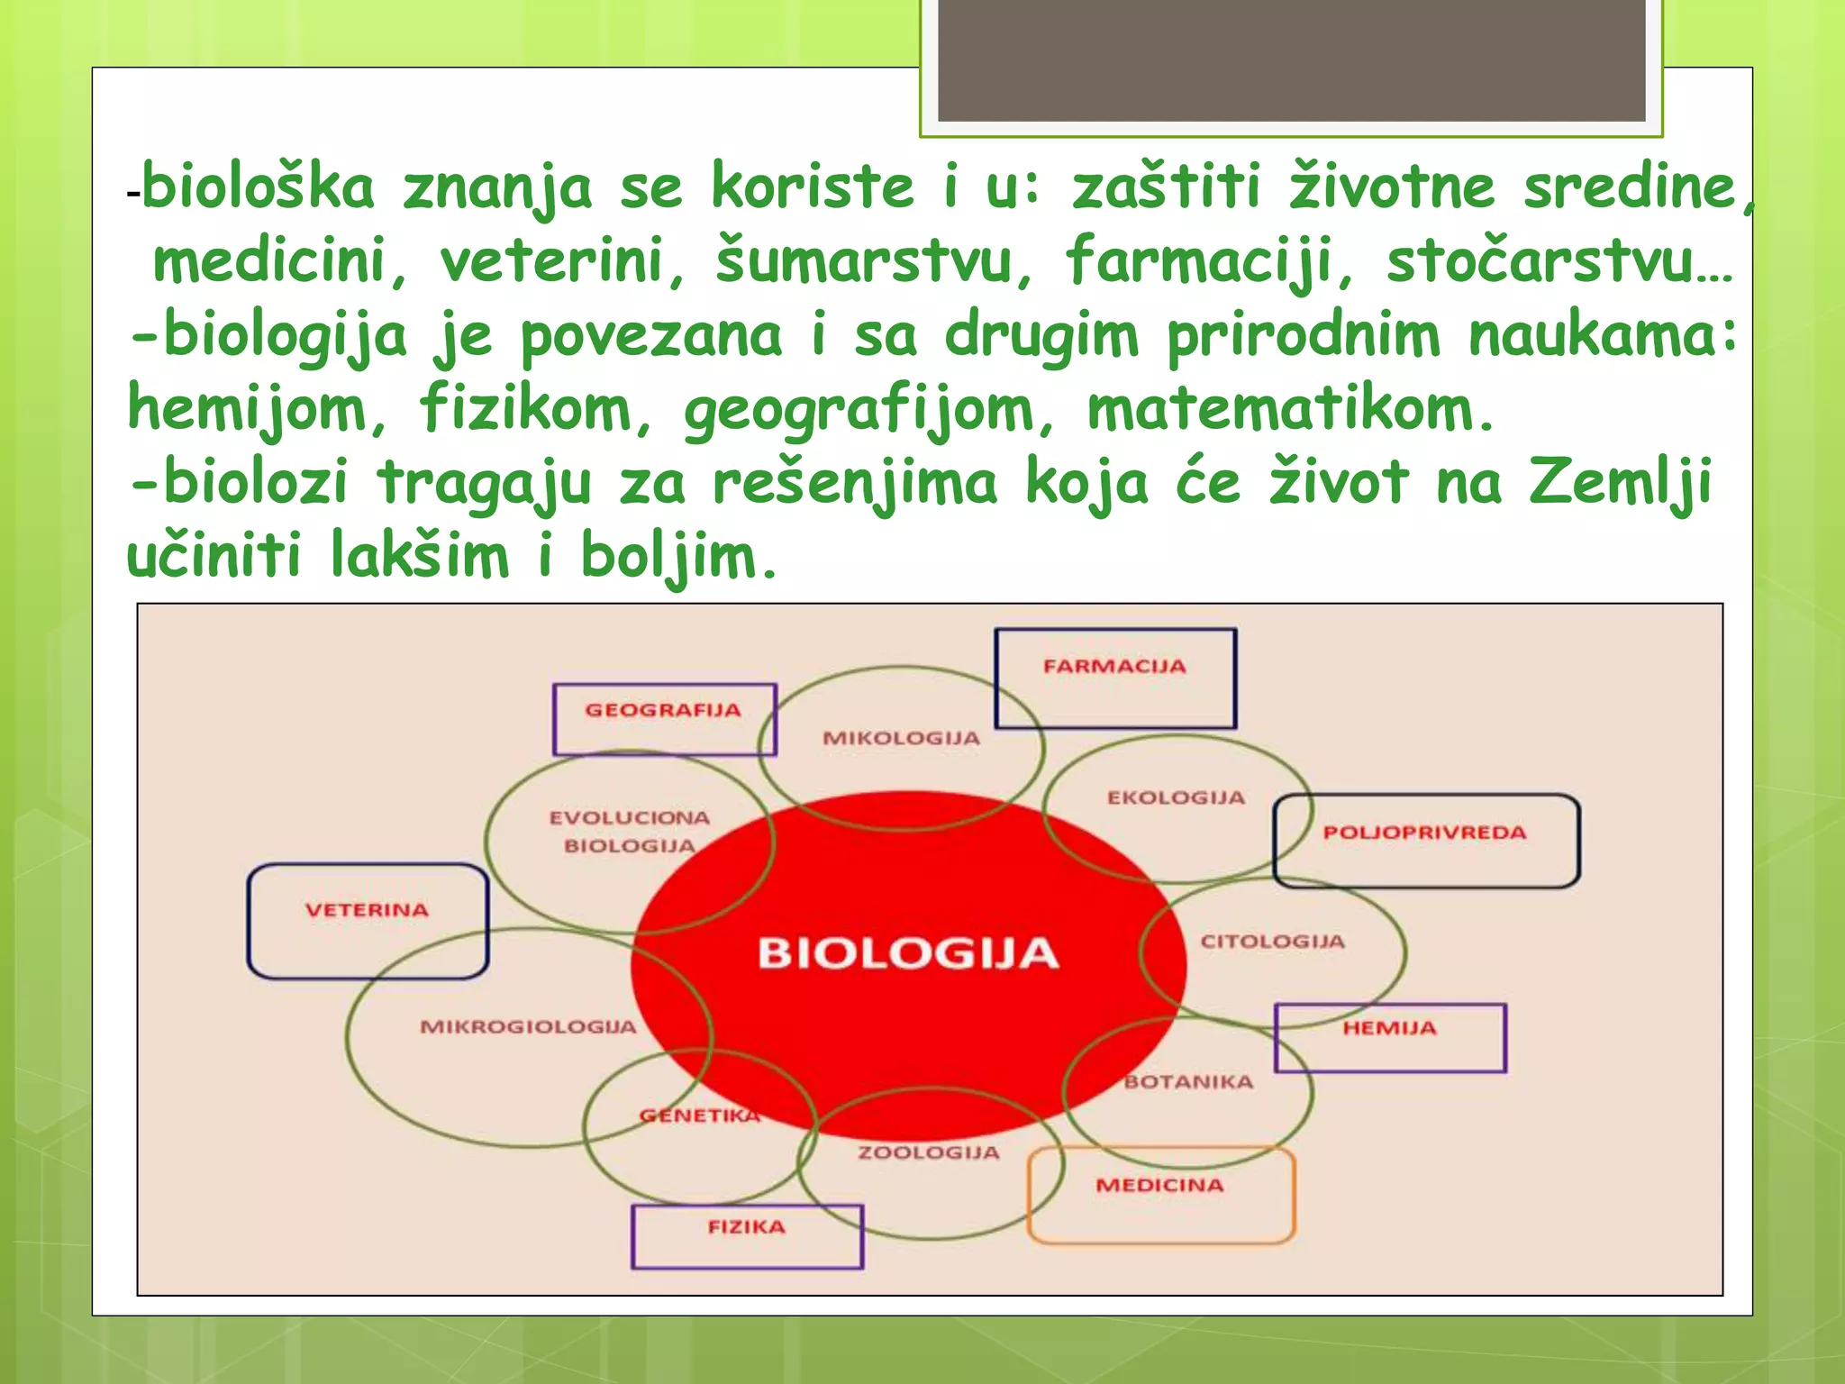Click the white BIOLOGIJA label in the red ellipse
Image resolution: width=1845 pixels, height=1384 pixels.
pos(907,953)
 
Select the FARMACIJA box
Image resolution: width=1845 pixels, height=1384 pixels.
pos(1115,678)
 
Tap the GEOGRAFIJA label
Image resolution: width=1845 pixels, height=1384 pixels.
pos(663,710)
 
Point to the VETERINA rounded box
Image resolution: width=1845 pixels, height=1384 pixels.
pos(368,920)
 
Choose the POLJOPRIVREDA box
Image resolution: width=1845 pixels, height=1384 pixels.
pos(1425,840)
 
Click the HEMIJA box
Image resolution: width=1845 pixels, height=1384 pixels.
pos(1390,1037)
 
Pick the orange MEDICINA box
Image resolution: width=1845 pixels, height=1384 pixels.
pos(1160,1195)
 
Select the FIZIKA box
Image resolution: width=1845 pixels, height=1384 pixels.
pos(746,1235)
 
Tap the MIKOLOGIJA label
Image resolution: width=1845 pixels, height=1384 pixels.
pos(901,738)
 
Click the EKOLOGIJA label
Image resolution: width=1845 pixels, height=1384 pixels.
pos(1176,797)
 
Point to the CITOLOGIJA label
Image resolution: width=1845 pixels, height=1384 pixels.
pos(1272,942)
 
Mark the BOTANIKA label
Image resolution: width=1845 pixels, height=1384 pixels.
pos(1188,1081)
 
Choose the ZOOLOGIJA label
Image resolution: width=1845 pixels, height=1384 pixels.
pos(929,1152)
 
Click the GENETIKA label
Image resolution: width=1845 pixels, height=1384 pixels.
pos(700,1115)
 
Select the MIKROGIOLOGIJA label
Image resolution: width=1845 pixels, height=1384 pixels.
pos(528,1026)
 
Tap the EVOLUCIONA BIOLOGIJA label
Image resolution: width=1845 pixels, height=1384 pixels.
pos(630,832)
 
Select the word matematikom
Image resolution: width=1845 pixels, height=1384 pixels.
pos(1290,410)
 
